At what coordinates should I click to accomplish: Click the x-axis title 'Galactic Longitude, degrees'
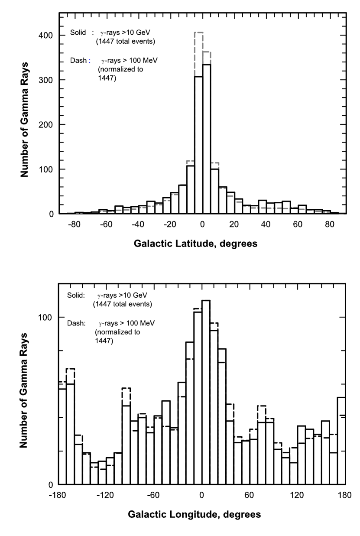[195, 515]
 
